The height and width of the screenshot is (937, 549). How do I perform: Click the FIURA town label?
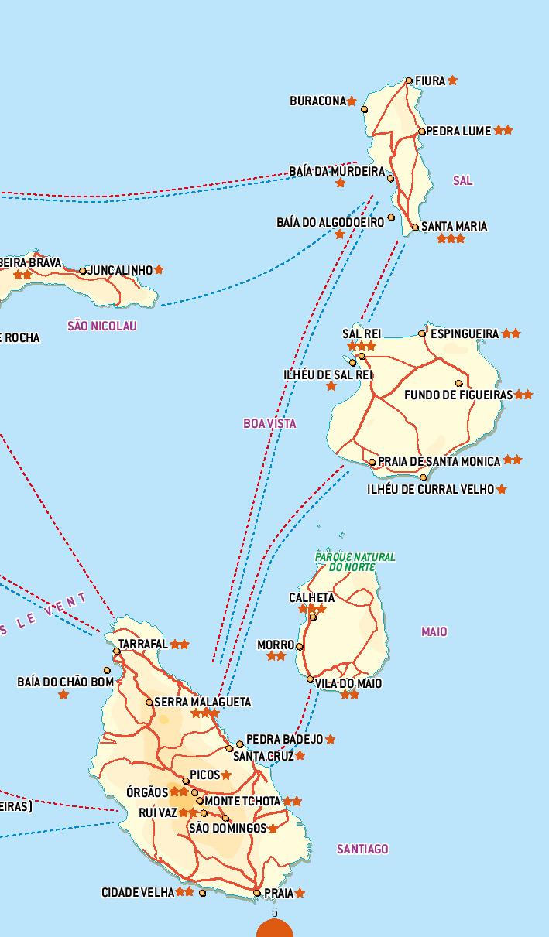click(430, 80)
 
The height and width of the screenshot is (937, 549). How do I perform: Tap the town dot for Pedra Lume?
click(422, 132)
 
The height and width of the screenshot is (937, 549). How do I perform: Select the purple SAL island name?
click(462, 180)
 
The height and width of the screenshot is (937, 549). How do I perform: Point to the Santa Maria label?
click(455, 226)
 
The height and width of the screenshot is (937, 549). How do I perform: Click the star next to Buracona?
click(352, 101)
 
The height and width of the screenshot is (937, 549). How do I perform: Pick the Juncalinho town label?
click(121, 270)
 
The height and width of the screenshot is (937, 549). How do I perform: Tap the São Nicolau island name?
click(102, 326)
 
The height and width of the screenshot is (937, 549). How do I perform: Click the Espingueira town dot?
click(422, 333)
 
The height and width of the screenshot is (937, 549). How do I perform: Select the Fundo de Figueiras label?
click(458, 395)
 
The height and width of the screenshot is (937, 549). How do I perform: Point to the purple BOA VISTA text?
click(269, 423)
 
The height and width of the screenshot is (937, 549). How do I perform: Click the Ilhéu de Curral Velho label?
click(431, 489)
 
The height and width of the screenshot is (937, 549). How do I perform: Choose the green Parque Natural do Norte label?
click(355, 562)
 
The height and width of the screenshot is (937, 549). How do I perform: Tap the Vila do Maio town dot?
click(311, 680)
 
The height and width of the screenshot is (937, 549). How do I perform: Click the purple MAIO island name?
click(434, 631)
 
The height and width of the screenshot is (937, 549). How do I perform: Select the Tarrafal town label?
click(143, 644)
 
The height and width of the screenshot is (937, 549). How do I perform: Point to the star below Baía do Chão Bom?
click(63, 695)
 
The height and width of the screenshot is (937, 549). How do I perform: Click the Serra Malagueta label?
click(203, 702)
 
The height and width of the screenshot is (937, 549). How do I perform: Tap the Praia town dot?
click(257, 893)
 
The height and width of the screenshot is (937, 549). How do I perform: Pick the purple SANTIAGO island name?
click(362, 849)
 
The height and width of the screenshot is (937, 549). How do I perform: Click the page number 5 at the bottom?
click(275, 913)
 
